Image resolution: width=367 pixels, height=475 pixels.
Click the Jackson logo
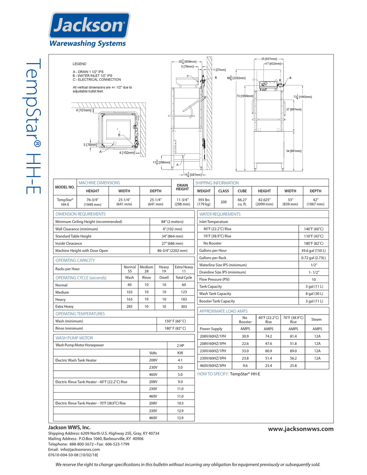89,26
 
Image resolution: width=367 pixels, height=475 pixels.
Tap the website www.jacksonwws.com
300,429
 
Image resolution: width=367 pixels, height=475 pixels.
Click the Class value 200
223,202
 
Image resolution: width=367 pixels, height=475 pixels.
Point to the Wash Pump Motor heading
74,338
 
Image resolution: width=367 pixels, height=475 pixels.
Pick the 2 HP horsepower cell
180,346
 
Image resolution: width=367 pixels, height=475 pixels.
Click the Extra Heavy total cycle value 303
184,307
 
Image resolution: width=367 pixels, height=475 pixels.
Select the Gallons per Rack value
313,258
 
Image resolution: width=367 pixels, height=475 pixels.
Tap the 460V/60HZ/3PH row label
213,366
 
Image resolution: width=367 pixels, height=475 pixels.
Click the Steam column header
316,319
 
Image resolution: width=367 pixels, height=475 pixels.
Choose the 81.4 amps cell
293,336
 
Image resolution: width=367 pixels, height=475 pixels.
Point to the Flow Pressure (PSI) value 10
314,279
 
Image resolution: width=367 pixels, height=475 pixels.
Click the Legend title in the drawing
80,64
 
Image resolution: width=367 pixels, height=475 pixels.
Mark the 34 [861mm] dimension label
294,151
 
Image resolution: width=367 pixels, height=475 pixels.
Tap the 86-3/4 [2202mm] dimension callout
236,78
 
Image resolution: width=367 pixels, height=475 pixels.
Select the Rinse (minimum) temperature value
175,328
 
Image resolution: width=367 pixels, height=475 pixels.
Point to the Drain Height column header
182,187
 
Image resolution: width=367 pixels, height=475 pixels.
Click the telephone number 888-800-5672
81,444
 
